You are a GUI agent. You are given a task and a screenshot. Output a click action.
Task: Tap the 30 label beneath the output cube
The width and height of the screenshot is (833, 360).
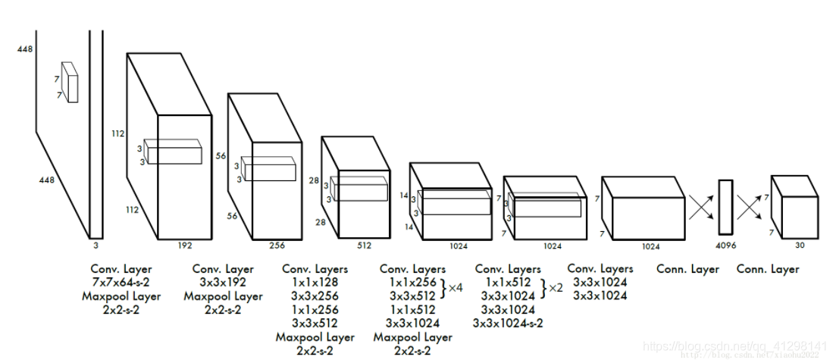800,245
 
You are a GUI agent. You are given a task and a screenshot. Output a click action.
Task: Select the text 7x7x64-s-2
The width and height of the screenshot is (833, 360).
121,282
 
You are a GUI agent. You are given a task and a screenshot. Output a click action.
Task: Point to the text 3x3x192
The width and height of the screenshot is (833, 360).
222,282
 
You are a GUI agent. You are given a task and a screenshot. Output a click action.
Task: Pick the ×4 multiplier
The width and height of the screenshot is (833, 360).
455,288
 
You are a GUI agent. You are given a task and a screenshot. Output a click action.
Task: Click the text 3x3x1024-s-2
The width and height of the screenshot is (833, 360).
509,323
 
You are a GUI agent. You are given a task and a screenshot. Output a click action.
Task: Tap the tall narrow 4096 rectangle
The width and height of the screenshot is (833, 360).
725,206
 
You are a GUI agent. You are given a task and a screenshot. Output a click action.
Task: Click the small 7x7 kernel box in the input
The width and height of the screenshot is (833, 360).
70,82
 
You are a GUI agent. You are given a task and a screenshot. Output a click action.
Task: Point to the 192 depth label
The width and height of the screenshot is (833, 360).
185,245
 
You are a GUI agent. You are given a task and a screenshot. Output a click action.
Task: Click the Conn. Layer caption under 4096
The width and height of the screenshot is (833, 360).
687,268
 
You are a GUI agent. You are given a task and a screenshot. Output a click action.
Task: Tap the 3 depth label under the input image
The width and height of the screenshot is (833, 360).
96,245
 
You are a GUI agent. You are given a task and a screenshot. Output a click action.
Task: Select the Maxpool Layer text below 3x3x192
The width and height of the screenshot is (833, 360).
222,296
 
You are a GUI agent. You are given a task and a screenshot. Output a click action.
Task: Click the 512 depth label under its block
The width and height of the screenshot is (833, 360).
364,245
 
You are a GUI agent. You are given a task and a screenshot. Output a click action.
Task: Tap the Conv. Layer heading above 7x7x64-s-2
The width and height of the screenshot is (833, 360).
121,268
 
